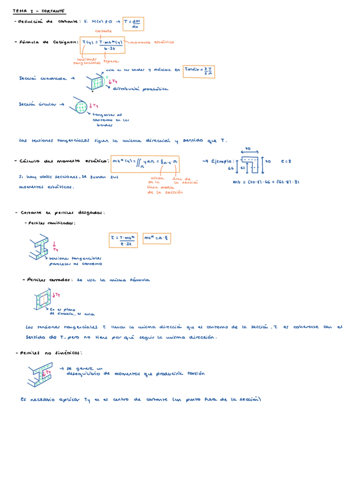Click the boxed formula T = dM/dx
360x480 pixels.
point(134,23)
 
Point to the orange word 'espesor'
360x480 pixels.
point(110,61)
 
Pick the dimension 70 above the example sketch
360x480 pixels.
point(247,149)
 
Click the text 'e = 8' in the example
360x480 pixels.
point(286,161)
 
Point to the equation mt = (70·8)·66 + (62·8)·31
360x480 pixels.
point(267,182)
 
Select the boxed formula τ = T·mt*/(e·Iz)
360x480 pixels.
point(123,240)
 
